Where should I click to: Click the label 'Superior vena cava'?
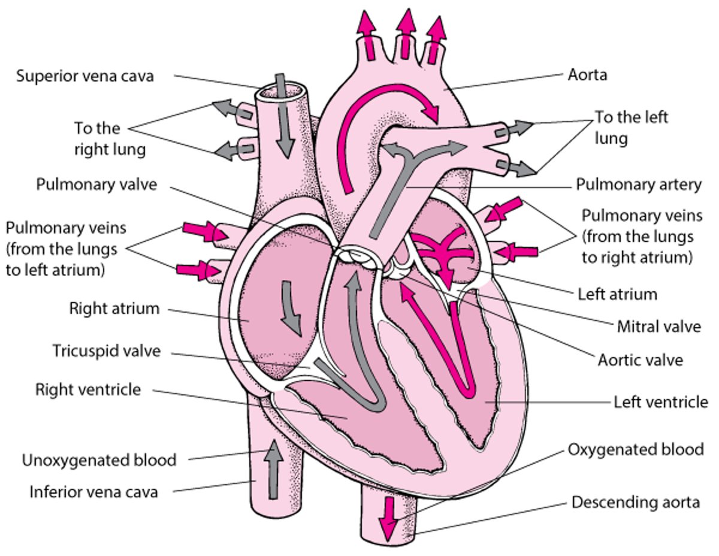pos(85,76)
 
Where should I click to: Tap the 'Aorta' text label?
pos(587,75)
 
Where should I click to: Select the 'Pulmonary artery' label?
pos(638,185)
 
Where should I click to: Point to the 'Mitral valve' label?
pos(658,327)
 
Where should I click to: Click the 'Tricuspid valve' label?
pos(106,350)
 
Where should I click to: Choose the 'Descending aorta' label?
pos(635,502)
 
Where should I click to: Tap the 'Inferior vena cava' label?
pos(94,492)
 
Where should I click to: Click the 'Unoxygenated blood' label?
pos(99,460)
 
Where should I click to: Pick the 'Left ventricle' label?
pos(660,401)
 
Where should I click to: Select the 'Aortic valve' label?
pos(640,361)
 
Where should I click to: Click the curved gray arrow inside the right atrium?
pos(292,306)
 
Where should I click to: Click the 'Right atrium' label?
pos(114,309)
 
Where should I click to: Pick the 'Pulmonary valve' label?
pos(96,184)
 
